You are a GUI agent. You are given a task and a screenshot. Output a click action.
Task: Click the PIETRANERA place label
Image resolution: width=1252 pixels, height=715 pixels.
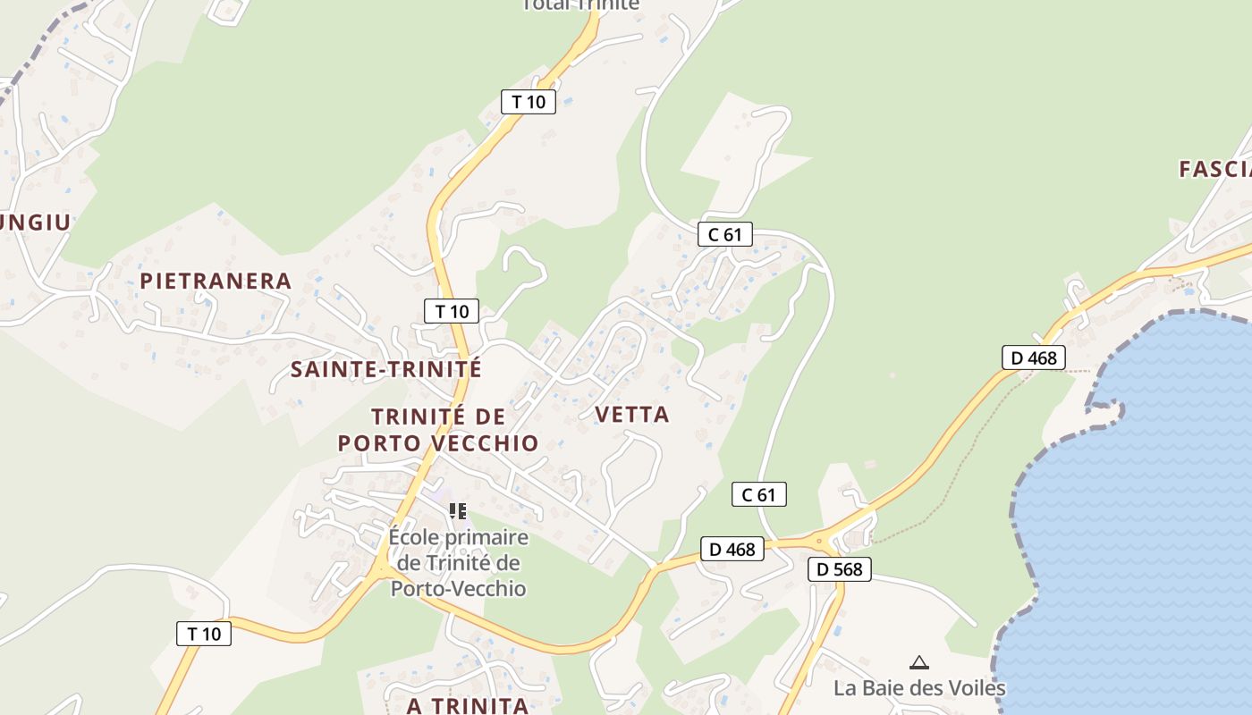pyautogui.click(x=216, y=281)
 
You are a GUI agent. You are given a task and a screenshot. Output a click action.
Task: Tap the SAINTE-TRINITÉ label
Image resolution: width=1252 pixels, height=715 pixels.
pyautogui.click(x=386, y=368)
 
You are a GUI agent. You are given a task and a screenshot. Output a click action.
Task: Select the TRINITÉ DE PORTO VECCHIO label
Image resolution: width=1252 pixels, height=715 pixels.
pyautogui.click(x=438, y=429)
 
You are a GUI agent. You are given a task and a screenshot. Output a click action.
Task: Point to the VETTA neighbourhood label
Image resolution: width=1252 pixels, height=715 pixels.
pyautogui.click(x=631, y=414)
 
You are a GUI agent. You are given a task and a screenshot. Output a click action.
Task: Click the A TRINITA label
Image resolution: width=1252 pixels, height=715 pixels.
pyautogui.click(x=468, y=705)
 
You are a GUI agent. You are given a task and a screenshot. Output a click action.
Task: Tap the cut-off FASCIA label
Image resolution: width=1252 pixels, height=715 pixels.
pyautogui.click(x=1214, y=169)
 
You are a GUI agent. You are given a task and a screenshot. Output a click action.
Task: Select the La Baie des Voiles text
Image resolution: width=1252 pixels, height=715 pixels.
pyautogui.click(x=919, y=687)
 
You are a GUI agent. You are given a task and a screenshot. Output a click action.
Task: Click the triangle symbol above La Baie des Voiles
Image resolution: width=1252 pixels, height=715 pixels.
pyautogui.click(x=918, y=662)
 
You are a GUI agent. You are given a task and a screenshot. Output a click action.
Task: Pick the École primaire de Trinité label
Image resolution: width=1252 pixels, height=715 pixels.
pyautogui.click(x=459, y=563)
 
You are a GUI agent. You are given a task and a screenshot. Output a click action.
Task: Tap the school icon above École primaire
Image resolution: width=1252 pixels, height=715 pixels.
pyautogui.click(x=458, y=511)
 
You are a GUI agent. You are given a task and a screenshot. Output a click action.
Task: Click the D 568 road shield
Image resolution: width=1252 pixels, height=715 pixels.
pyautogui.click(x=839, y=568)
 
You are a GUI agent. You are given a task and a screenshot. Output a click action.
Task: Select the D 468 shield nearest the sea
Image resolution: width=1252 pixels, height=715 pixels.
pyautogui.click(x=1033, y=357)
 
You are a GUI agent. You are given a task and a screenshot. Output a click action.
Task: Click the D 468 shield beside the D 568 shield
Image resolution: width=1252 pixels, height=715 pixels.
pyautogui.click(x=732, y=549)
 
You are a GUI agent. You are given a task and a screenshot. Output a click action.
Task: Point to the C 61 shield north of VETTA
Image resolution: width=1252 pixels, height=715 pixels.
pyautogui.click(x=724, y=234)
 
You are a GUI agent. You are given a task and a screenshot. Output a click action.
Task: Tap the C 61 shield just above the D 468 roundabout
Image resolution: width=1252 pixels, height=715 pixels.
pyautogui.click(x=758, y=494)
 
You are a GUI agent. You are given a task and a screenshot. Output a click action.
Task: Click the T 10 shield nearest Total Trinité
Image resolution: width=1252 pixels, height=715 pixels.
pyautogui.click(x=528, y=101)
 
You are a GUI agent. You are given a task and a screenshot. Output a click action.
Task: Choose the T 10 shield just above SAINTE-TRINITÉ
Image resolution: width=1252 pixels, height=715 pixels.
pyautogui.click(x=452, y=311)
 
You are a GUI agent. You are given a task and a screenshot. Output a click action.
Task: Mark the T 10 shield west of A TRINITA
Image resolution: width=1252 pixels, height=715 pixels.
pyautogui.click(x=204, y=634)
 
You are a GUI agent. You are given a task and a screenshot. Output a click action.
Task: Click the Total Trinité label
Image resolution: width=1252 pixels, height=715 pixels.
pyautogui.click(x=581, y=4)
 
